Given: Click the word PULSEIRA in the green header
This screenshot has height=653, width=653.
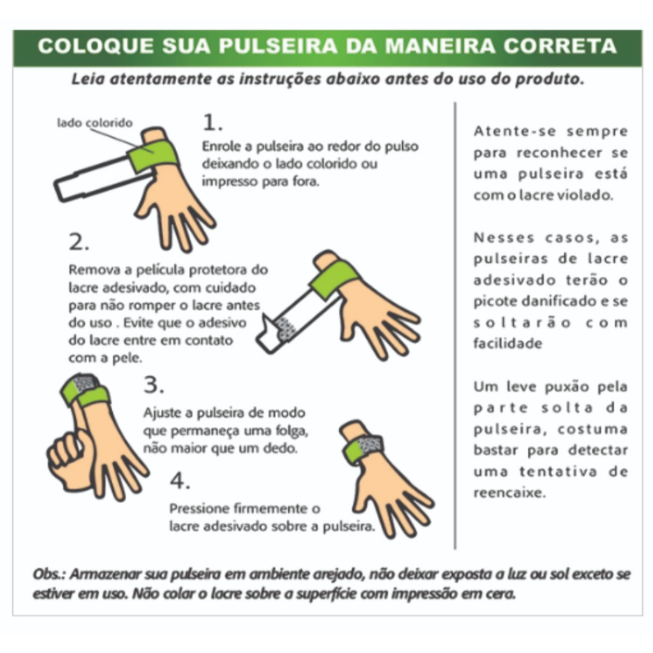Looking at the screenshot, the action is (278, 46).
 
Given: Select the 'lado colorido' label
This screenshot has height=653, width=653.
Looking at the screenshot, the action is (95, 123).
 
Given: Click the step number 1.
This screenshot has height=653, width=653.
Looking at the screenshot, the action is (212, 122).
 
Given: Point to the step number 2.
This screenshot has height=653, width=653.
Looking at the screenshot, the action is (79, 242).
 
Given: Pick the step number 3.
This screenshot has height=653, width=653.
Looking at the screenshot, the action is (154, 385).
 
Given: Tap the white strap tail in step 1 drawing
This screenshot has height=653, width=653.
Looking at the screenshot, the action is (100, 179).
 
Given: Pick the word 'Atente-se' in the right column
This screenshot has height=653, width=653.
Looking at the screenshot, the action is (515, 131).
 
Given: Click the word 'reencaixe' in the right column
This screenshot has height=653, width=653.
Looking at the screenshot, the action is (510, 493).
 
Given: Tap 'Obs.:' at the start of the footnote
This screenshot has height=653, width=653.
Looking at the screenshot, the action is (49, 574).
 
